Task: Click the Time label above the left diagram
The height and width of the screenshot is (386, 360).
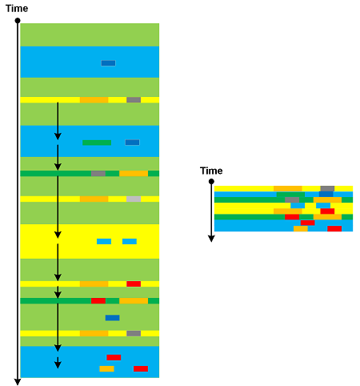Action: coord(17,9)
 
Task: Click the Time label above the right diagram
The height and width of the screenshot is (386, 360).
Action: coord(211,171)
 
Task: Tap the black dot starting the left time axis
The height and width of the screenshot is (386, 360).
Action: coord(18,21)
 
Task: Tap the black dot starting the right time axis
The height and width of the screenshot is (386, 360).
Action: coord(211,182)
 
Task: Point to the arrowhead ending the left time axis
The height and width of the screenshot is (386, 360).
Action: coord(18,382)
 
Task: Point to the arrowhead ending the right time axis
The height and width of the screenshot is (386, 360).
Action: coord(211,239)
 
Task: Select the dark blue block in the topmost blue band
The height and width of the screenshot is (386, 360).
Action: coord(108,63)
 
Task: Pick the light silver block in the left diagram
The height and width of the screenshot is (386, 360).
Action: coord(134,199)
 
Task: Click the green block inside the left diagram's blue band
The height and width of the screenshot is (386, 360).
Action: coord(97,143)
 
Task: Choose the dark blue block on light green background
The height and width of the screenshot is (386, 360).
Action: coord(113,318)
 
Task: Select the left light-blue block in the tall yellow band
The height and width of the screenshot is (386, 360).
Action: coord(104,241)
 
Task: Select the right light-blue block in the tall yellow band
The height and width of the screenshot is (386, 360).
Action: coord(130,241)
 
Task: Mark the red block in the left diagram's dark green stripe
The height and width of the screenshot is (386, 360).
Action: coord(98,301)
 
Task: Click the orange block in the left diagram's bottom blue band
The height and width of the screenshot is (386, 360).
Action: coord(106,368)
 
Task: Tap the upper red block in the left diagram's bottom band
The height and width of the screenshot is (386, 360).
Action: coord(114,357)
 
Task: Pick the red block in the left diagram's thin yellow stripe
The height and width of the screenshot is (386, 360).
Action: coord(134,283)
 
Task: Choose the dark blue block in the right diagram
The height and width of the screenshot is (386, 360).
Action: coord(326,195)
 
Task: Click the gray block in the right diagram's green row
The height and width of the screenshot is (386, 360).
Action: coord(292,199)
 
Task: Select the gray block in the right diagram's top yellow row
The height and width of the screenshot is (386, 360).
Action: coord(327,189)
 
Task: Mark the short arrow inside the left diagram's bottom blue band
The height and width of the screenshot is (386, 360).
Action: coord(58,363)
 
